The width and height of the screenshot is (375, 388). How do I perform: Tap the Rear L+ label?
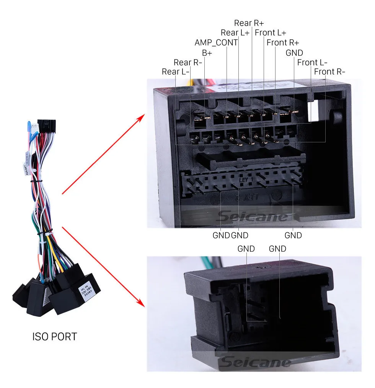coord(235,33)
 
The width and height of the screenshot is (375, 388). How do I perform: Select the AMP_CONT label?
coord(216,43)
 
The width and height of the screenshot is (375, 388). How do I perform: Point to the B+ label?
coord(207,53)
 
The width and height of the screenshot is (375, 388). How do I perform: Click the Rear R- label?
coord(187,62)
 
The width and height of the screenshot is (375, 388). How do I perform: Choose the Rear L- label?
coord(176,72)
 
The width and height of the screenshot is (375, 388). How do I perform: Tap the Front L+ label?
coord(271,33)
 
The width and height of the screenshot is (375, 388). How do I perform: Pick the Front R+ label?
coord(283,43)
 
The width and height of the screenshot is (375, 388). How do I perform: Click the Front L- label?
coord(312,62)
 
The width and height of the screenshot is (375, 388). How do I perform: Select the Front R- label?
coord(329,72)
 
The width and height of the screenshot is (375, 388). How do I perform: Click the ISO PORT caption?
coord(54,337)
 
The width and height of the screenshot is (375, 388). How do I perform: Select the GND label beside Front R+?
coord(294,53)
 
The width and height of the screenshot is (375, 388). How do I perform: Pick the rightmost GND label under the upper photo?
coord(293,235)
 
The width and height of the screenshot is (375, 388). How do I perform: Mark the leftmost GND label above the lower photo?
coord(246,249)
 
